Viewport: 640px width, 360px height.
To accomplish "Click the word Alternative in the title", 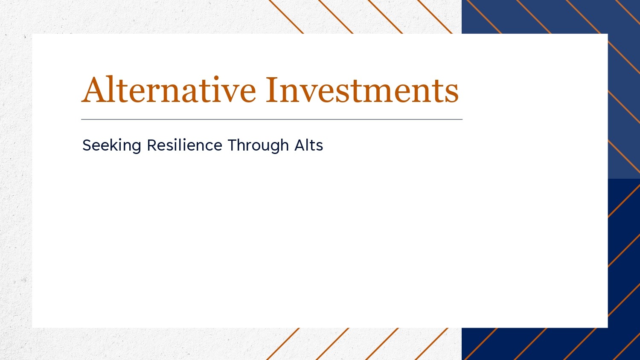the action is pos(169,89).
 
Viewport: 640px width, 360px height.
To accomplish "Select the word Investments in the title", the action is pos(362,90).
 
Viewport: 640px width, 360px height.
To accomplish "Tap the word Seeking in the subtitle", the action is pos(112,145).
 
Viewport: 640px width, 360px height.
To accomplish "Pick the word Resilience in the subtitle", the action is pos(185,145).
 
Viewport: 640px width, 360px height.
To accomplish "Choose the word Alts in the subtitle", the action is pos(308,145).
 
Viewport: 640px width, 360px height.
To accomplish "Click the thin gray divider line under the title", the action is pos(272,119).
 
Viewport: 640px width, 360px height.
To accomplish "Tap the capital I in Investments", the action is pos(272,90).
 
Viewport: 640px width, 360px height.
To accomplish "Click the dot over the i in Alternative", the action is pos(216,78).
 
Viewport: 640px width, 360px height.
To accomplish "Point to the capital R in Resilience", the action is pos(152,145).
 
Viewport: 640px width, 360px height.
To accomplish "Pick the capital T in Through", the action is pos(233,145).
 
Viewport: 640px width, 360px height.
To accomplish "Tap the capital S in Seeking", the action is pos(87,145).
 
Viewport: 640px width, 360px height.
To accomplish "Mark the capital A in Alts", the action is pos(300,145).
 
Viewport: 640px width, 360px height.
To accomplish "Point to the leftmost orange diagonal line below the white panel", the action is pos(283,344).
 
